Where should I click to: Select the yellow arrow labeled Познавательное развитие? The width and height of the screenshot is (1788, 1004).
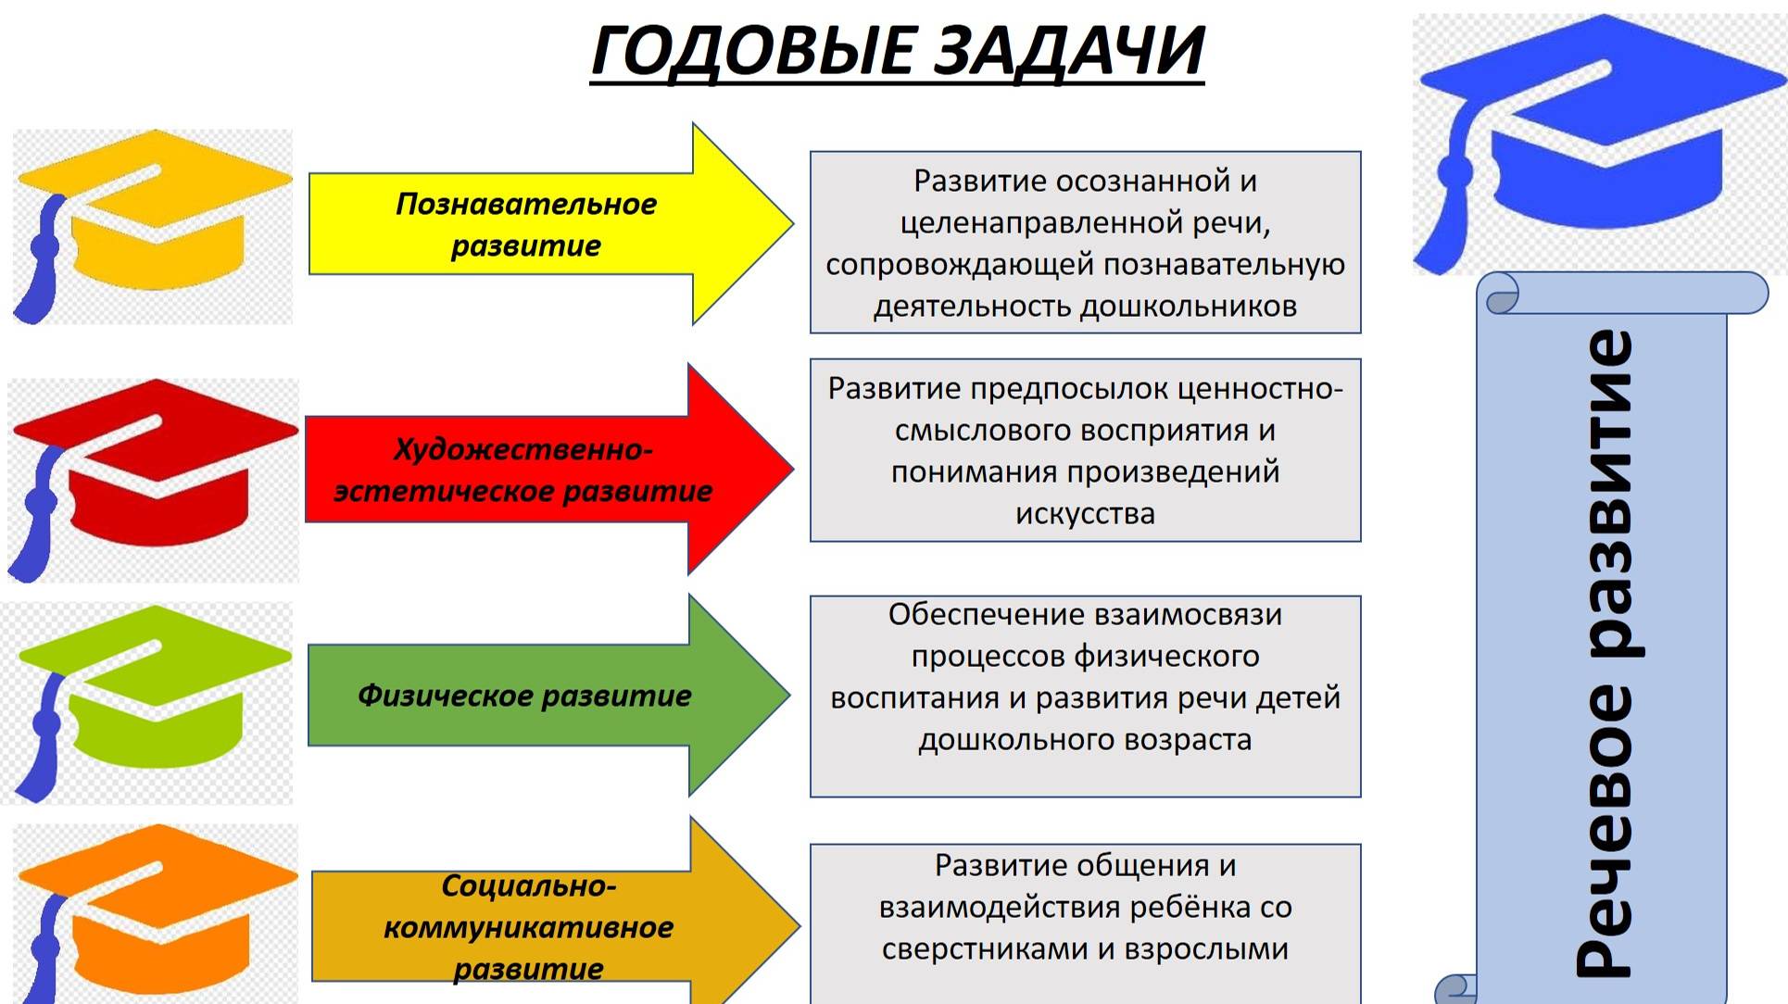pos(547,224)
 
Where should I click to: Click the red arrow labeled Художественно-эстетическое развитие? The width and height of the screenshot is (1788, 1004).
pos(547,470)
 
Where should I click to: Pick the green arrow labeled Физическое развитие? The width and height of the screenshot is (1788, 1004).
pos(547,696)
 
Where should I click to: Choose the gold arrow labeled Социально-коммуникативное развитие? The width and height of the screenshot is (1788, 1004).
pos(547,926)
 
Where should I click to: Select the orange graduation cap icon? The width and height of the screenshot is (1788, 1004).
pos(153,912)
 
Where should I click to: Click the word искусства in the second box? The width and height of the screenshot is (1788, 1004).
pos(1085,514)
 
